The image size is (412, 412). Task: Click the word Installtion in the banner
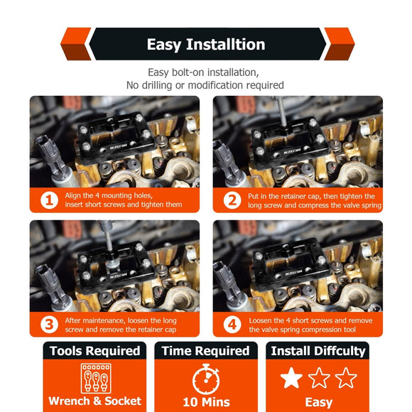tap(225, 44)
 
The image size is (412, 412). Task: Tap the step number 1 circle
tap(49, 200)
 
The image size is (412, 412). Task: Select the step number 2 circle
tap(232, 200)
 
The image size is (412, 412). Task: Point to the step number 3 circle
tap(49, 325)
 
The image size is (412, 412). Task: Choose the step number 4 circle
tap(232, 325)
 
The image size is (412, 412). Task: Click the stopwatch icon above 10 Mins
tap(206, 379)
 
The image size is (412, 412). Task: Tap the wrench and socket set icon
tap(96, 379)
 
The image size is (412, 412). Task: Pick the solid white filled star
tap(291, 378)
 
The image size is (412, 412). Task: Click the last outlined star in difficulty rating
tap(346, 378)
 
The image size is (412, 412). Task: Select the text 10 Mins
tap(206, 402)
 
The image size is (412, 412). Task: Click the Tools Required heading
tap(95, 351)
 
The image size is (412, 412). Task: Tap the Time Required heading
tap(206, 351)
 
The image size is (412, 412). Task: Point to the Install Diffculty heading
tap(318, 352)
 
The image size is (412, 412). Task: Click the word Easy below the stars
tap(319, 403)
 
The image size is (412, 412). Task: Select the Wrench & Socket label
tap(95, 401)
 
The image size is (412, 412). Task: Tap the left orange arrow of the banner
tap(76, 44)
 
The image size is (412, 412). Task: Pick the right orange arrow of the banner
tap(340, 44)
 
